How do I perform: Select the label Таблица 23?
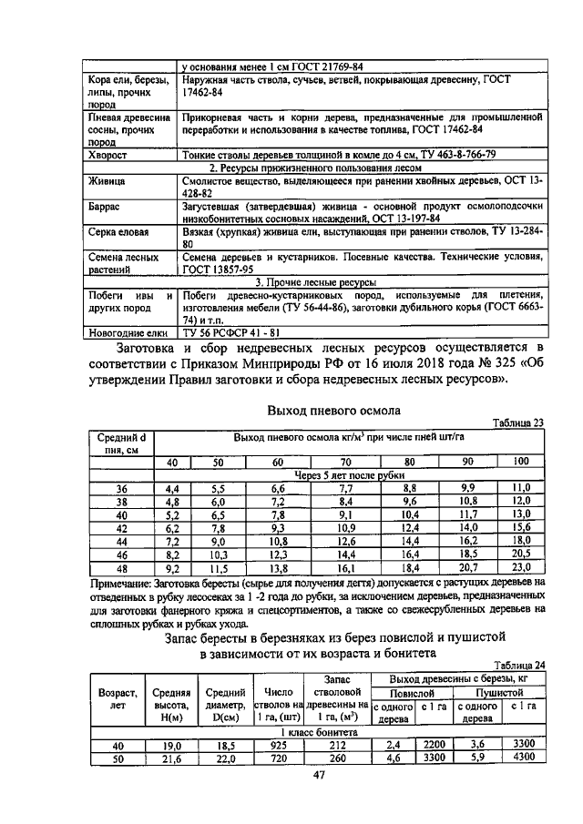click(517, 422)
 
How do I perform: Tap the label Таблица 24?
click(517, 666)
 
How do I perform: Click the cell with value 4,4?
click(172, 489)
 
